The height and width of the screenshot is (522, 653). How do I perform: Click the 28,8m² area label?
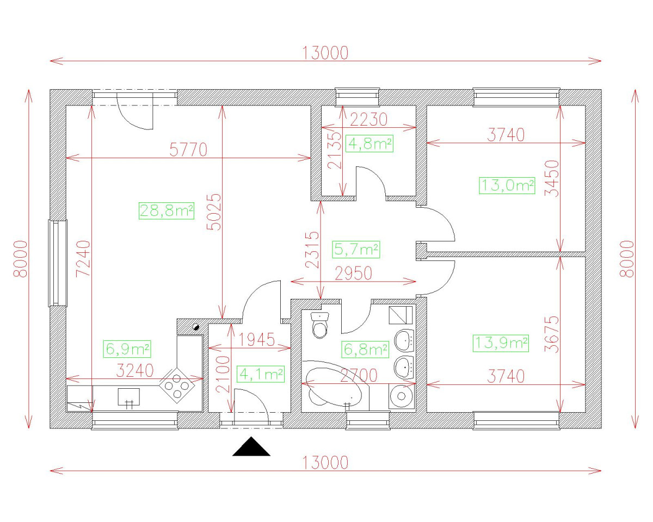point(167,210)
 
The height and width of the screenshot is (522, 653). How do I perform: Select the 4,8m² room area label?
point(370,144)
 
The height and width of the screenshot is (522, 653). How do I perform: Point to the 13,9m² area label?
point(502,343)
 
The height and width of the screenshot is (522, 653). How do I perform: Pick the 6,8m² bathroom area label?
point(365,349)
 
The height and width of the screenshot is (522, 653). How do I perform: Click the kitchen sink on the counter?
point(129,397)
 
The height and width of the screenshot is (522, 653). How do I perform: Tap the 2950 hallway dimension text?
point(354,274)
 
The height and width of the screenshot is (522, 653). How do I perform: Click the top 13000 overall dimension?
point(325,53)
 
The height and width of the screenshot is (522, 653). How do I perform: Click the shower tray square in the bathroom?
point(401,315)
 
